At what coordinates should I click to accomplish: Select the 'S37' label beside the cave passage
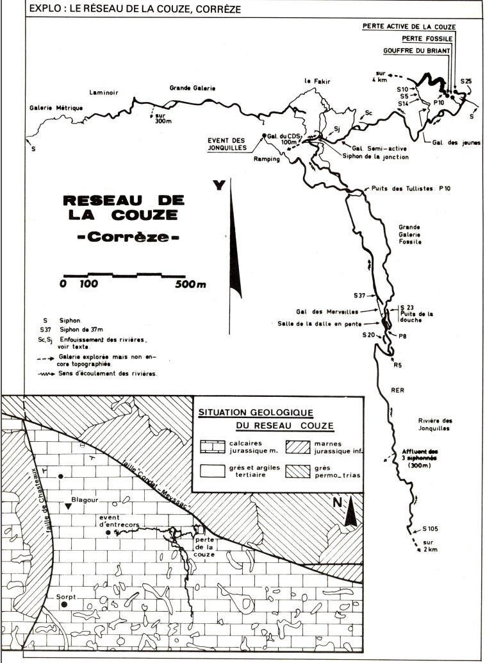(360, 296)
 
